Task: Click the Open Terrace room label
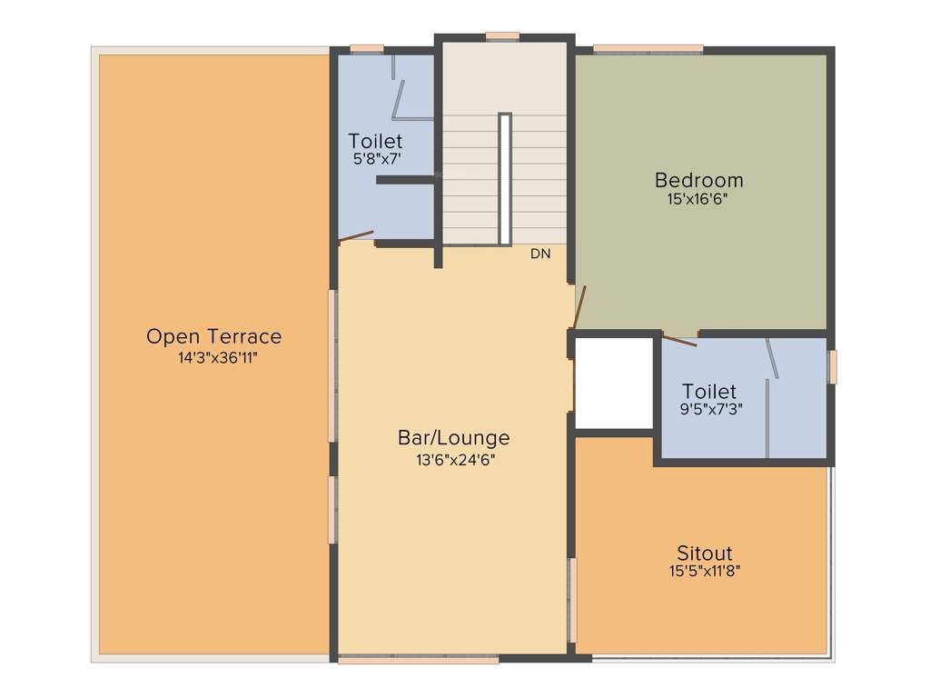click(x=213, y=336)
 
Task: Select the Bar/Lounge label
click(x=453, y=437)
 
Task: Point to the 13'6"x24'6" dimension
click(x=455, y=460)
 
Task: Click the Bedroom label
click(x=698, y=180)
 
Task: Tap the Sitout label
click(x=704, y=553)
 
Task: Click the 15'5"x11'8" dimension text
click(x=705, y=572)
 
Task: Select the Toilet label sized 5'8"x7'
click(x=375, y=142)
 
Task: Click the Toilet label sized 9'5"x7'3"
click(x=709, y=392)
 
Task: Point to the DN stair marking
click(x=540, y=254)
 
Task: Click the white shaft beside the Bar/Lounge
click(x=615, y=383)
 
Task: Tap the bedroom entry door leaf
click(x=579, y=307)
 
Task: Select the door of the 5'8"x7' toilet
click(x=356, y=237)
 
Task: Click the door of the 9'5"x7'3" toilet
click(x=679, y=341)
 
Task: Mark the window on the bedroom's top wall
click(x=648, y=48)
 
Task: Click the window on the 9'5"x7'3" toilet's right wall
click(x=832, y=367)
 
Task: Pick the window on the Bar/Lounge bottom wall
click(x=418, y=660)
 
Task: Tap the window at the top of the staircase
click(x=501, y=36)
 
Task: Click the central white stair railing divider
click(x=505, y=178)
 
